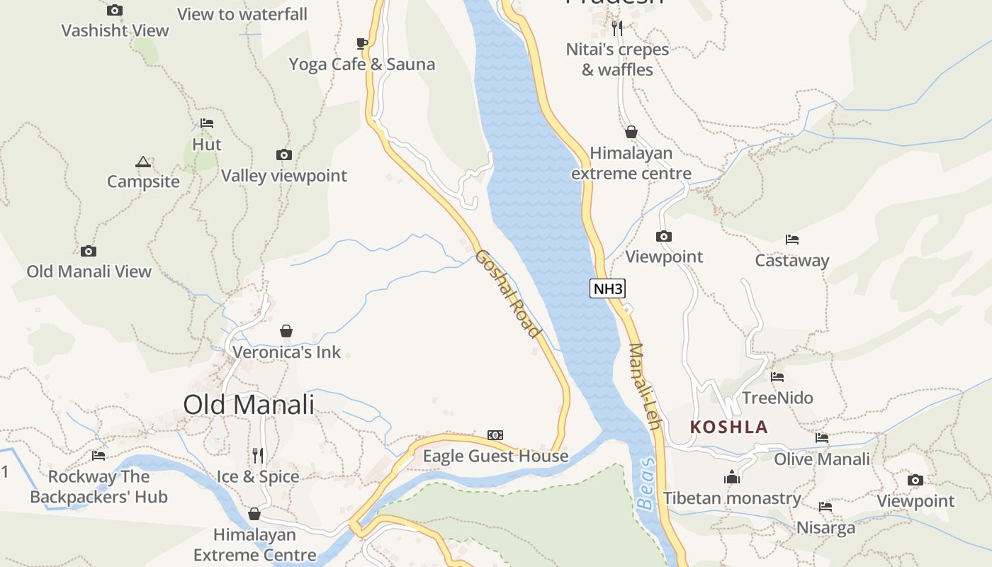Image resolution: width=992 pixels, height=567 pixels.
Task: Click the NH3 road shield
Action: [x=608, y=288]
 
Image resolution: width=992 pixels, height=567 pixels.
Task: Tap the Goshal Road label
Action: [x=508, y=293]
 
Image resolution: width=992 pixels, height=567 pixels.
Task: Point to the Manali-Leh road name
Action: [x=645, y=386]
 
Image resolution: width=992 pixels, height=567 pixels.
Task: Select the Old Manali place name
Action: [x=249, y=405]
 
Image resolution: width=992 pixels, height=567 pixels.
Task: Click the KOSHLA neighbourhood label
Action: [x=729, y=427]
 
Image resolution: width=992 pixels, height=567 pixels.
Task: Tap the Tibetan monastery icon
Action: [x=732, y=477]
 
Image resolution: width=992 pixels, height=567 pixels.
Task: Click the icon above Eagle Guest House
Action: [x=495, y=435]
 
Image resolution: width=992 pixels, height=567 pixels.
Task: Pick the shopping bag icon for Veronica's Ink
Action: [x=286, y=331]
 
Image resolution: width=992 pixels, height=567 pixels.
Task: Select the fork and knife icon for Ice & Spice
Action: [x=258, y=455]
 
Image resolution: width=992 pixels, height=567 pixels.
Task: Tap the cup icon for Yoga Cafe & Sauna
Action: [x=361, y=44]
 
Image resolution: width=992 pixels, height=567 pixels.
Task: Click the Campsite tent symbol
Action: [x=143, y=162]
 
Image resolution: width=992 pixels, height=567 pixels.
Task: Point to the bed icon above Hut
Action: [x=206, y=123]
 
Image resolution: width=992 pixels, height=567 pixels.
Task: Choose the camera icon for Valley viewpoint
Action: [x=283, y=155]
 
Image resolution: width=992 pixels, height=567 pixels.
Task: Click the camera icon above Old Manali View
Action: [x=89, y=251]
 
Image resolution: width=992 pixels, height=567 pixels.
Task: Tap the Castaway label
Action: [x=791, y=261]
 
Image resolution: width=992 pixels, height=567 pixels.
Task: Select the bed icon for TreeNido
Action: [x=777, y=377]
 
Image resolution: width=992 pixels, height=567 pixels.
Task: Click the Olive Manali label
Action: [x=821, y=459]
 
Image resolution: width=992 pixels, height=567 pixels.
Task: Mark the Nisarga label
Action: [x=825, y=528]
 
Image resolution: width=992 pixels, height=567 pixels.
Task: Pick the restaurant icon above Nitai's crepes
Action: [x=617, y=28]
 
